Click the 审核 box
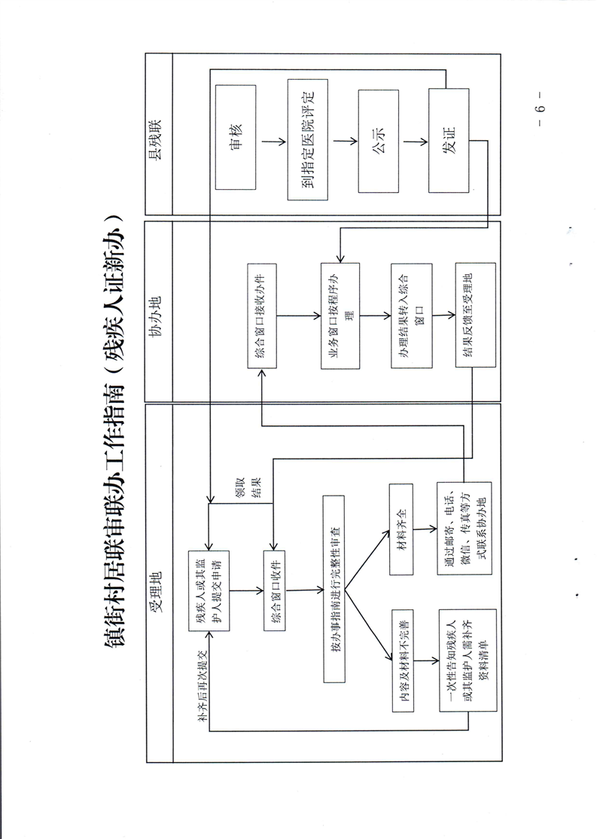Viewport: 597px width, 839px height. (236, 138)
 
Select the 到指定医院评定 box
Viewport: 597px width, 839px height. (308, 138)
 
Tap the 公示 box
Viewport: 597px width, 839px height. (379, 139)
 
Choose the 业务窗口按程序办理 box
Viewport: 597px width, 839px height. (339, 316)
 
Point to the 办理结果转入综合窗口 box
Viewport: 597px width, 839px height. (411, 316)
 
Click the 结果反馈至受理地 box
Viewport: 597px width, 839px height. (474, 316)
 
